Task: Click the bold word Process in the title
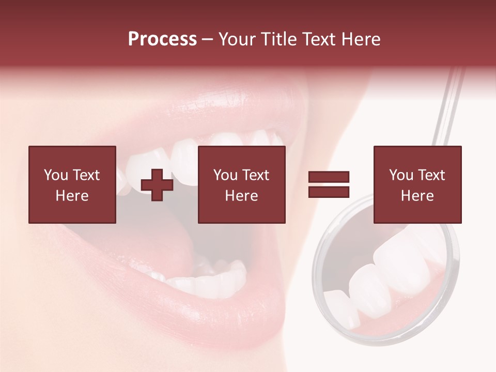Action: point(162,39)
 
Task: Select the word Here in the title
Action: point(361,39)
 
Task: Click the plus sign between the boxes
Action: point(157,185)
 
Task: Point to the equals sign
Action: point(329,184)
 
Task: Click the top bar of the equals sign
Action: point(329,177)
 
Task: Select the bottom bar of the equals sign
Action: point(329,192)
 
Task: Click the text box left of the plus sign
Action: point(72,184)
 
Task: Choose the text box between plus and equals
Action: point(242,184)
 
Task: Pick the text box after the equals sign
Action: point(417,184)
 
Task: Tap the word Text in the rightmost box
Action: point(431,175)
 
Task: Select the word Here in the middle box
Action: point(242,196)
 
